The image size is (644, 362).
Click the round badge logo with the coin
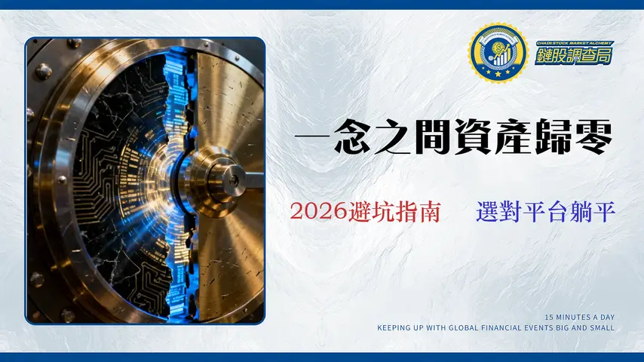(496, 53)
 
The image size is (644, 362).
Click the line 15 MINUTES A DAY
(579, 317)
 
